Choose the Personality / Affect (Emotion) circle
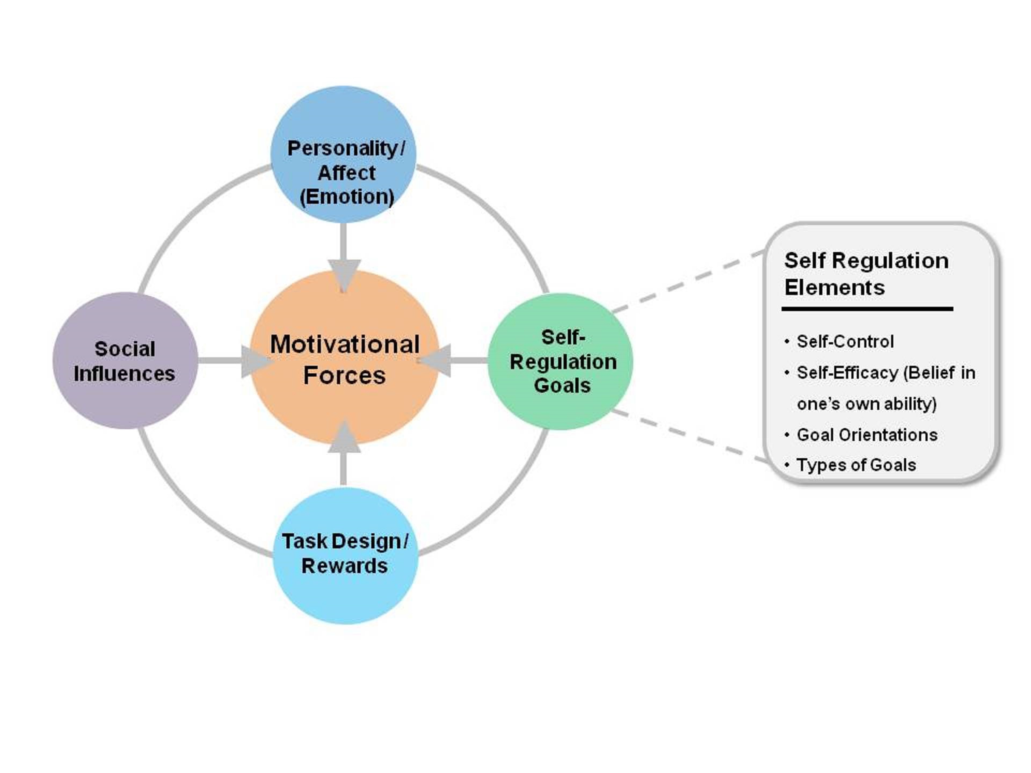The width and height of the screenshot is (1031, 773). point(343,116)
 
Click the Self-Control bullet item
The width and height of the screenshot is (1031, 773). point(845,341)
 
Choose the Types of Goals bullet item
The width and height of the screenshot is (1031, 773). point(856,465)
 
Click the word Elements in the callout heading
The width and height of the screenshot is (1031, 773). point(834,287)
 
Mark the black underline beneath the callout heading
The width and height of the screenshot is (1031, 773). point(867,308)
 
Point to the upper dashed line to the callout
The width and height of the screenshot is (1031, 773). point(688,282)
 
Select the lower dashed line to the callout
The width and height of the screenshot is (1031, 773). point(690,436)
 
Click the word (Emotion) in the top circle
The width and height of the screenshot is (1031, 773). point(347,197)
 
